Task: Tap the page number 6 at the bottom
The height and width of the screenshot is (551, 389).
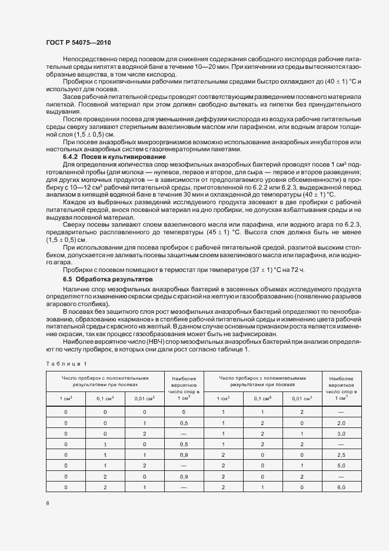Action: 46,503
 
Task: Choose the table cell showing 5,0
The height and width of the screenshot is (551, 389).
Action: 341,464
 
